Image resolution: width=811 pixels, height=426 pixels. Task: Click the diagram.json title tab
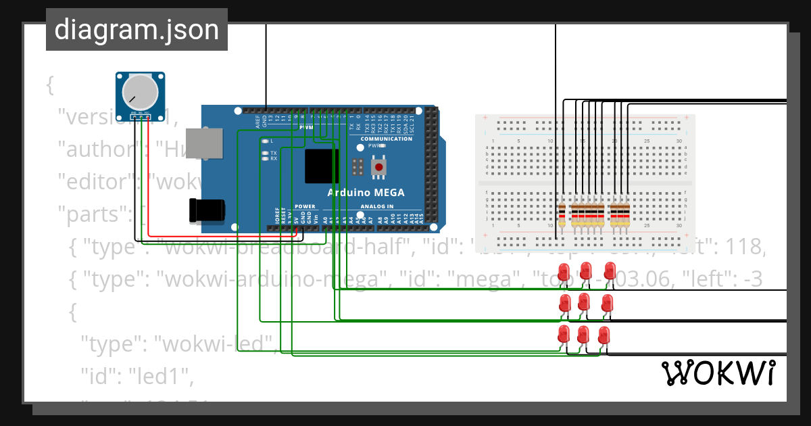click(x=137, y=30)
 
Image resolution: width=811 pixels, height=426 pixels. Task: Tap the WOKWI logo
click(x=717, y=373)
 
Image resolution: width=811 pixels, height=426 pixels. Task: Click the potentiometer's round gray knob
click(x=141, y=91)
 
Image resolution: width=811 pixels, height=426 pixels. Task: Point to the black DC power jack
click(x=205, y=210)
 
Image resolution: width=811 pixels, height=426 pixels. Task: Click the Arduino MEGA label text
click(x=366, y=193)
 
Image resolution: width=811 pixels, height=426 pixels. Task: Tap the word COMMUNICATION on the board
click(x=386, y=139)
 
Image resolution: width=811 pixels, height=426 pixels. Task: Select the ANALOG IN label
click(x=376, y=206)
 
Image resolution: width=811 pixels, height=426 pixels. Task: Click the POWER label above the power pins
click(x=305, y=206)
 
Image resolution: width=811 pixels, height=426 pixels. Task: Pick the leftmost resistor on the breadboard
click(x=562, y=215)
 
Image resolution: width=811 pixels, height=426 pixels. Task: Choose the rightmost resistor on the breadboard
click(x=626, y=215)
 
